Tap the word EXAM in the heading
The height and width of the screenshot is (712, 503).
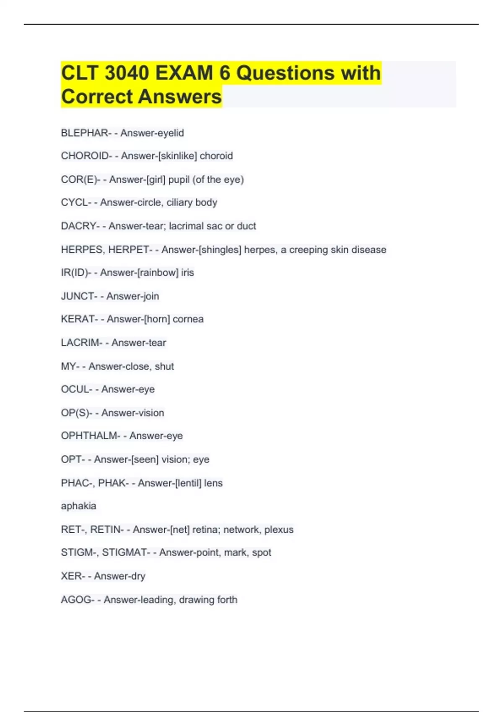[x=184, y=73]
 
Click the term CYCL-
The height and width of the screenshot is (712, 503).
[x=76, y=203]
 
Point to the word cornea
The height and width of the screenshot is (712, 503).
[x=188, y=319]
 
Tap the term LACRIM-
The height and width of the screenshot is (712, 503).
[x=81, y=343]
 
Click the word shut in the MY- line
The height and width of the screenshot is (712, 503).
[x=164, y=366]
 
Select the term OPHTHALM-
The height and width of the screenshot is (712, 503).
[x=91, y=436]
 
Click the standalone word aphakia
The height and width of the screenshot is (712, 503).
[x=78, y=506]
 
